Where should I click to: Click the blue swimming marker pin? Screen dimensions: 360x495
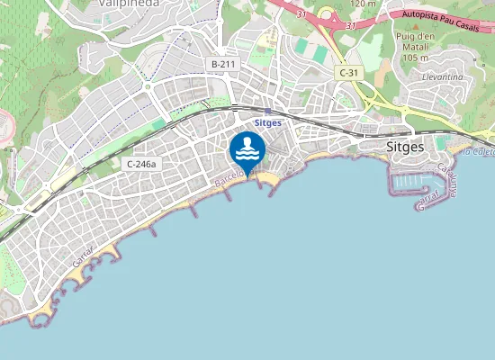[247, 150]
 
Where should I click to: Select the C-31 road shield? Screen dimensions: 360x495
[347, 71]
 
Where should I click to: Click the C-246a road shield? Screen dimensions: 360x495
[141, 164]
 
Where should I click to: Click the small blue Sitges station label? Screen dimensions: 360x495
[268, 123]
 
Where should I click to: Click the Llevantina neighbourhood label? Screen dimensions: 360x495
[443, 78]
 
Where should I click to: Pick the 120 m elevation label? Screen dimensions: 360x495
[363, 4]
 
